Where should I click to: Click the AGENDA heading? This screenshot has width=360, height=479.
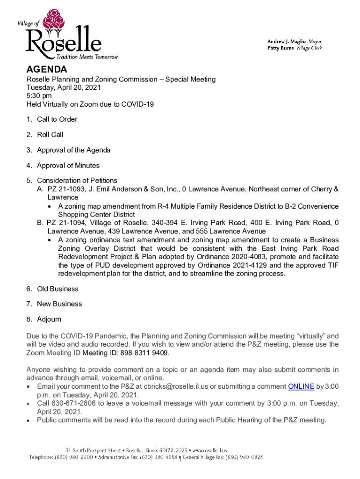(47, 70)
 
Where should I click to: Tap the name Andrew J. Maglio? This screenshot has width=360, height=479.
(286, 41)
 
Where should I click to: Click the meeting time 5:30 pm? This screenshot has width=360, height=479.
(39, 96)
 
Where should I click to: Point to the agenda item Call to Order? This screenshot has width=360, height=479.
(57, 119)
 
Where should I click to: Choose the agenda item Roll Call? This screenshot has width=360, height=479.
(50, 135)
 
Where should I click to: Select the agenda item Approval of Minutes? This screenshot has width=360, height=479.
(68, 166)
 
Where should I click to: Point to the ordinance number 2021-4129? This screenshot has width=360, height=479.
(244, 265)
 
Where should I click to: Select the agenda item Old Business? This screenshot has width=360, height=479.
(58, 289)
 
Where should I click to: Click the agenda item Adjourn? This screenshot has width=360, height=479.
(49, 319)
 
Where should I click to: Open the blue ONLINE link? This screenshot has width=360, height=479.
(301, 386)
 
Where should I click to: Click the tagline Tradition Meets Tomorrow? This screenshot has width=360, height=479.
(86, 57)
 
